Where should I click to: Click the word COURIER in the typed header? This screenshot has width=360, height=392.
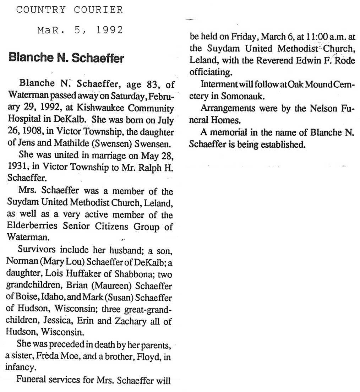98,10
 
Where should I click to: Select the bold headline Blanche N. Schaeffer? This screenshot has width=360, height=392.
66,57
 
